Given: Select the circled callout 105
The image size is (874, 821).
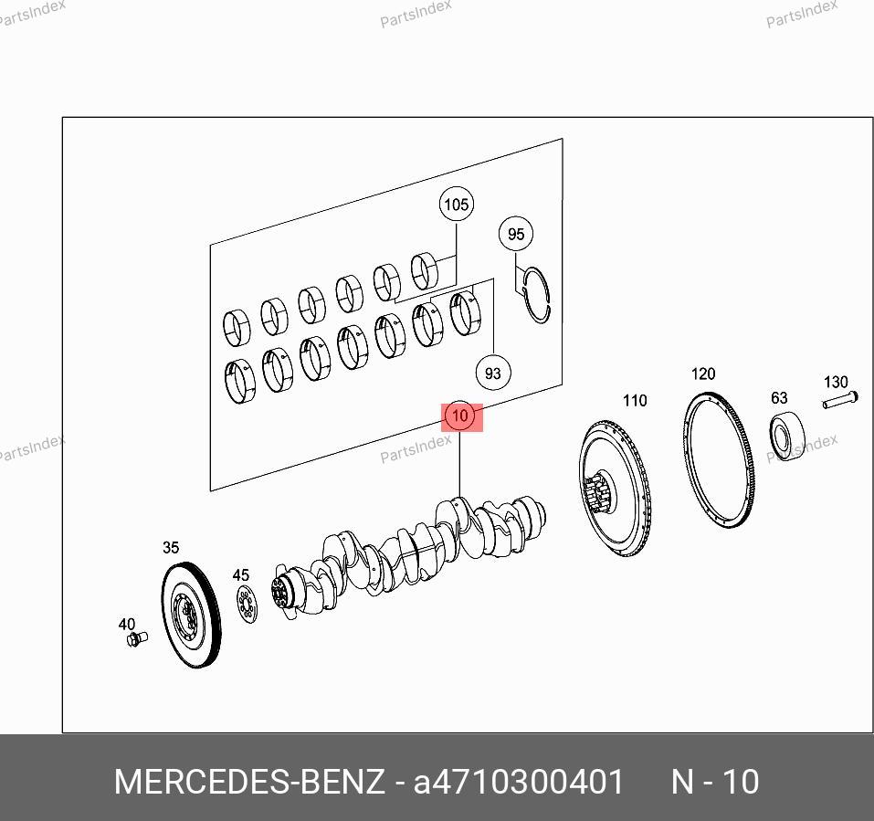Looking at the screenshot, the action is (x=457, y=205).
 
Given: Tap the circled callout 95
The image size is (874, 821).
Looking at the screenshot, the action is (x=516, y=234).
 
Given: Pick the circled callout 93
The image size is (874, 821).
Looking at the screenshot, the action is (x=493, y=373).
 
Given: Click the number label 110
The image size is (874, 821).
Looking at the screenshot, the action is (x=635, y=401).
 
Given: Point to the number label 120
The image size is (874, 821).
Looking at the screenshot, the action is (x=703, y=374).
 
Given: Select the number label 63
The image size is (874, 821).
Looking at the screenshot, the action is (x=779, y=398).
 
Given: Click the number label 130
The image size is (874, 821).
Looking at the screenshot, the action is (x=836, y=383).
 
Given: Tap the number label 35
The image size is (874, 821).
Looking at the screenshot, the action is (x=171, y=547).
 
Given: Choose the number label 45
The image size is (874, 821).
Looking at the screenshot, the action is (x=241, y=574).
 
